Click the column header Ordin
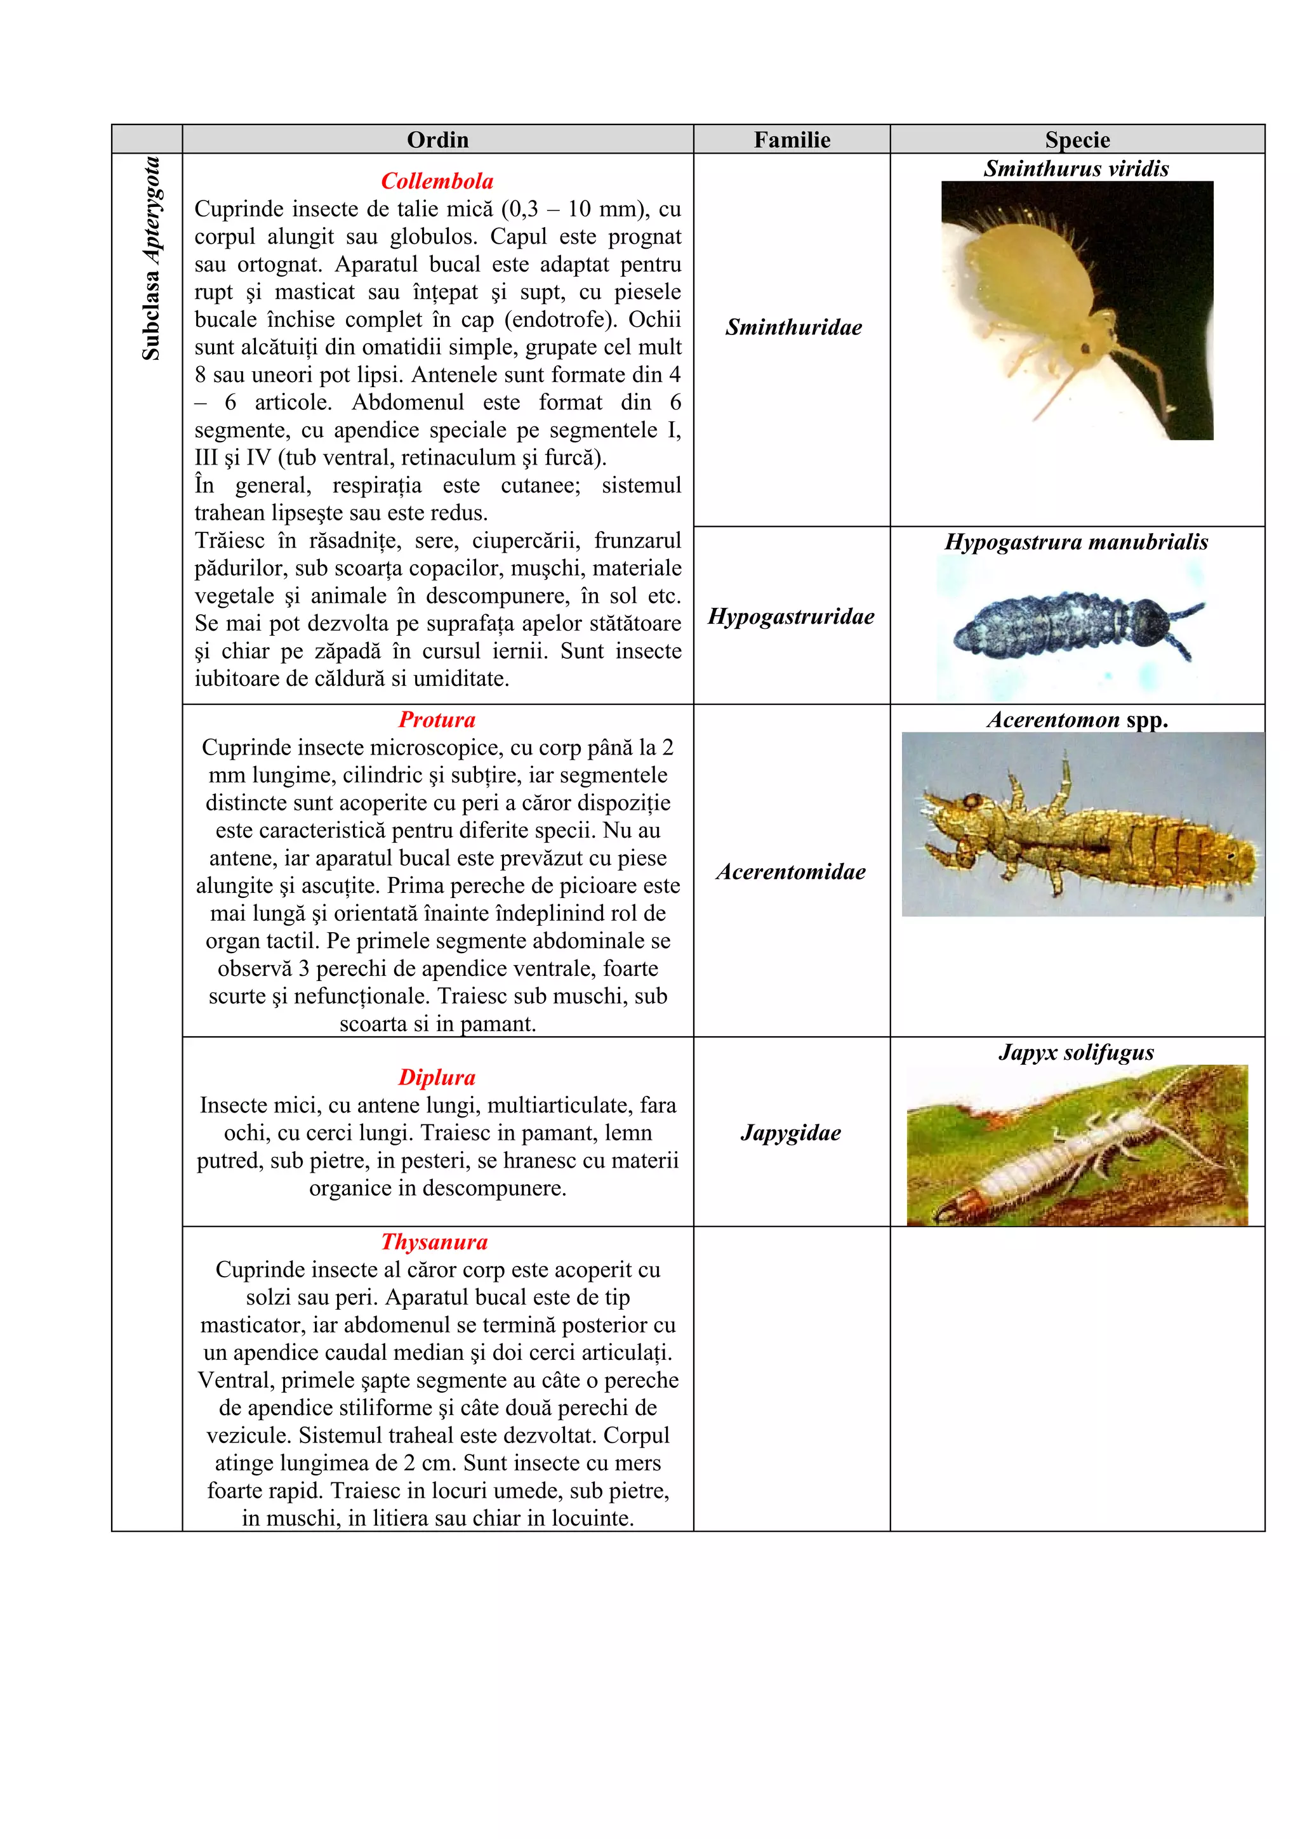[x=437, y=140]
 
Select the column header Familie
[x=792, y=140]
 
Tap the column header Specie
[x=1077, y=140]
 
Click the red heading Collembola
[x=437, y=181]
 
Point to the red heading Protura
[x=437, y=719]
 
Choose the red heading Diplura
[x=437, y=1078]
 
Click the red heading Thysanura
[x=434, y=1241]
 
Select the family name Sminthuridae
[x=793, y=327]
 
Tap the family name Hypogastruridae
[x=792, y=616]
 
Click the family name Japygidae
[x=792, y=1133]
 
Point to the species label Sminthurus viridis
[x=1077, y=168]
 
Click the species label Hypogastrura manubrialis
[x=1077, y=541]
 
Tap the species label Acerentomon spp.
[x=1077, y=719]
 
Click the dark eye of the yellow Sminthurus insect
[x=1085, y=348]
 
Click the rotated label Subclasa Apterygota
[x=151, y=258]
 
